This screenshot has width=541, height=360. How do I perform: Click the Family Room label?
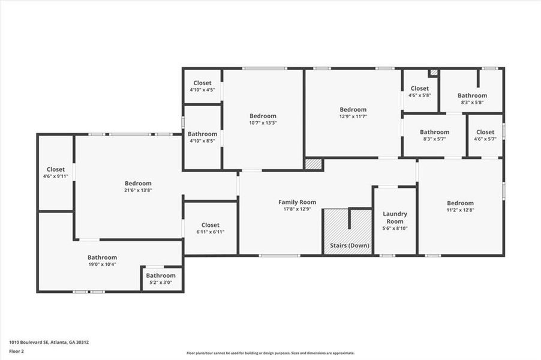(297, 202)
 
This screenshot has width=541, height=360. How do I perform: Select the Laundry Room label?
(395, 217)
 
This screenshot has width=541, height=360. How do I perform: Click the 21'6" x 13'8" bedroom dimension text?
(138, 191)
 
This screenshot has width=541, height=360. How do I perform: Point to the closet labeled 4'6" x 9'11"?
(56, 173)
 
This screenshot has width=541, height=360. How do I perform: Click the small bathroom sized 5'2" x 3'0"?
(161, 279)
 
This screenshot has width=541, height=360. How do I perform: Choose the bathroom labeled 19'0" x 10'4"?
(102, 260)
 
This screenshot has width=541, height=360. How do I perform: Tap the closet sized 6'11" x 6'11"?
(210, 229)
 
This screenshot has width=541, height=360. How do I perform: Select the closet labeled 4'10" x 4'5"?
(202, 86)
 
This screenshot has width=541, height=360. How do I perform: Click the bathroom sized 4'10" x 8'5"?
(202, 137)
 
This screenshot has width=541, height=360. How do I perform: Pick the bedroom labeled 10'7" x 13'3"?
(263, 119)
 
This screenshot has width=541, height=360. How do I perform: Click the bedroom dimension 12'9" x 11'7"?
(353, 116)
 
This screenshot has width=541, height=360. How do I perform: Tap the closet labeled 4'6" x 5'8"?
(420, 91)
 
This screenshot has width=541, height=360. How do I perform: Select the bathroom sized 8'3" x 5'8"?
(472, 98)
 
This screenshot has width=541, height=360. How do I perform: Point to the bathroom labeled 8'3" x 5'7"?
(434, 136)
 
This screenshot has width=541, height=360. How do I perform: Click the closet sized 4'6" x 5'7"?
(485, 136)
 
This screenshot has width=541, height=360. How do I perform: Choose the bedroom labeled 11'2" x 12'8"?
(460, 206)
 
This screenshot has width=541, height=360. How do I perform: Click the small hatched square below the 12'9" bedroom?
(313, 164)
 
